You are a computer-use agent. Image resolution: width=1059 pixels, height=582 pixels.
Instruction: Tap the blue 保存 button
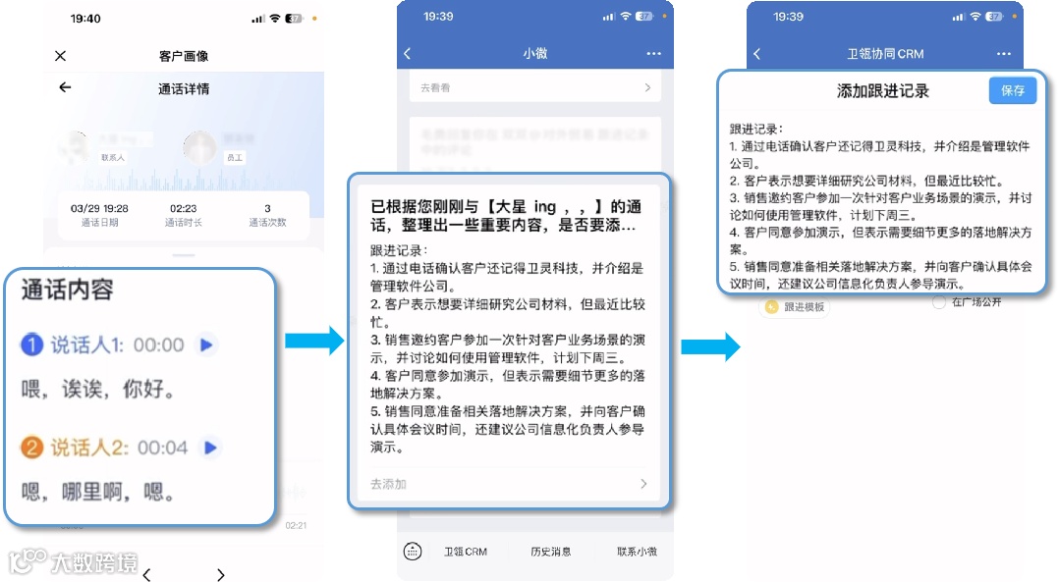click(1012, 90)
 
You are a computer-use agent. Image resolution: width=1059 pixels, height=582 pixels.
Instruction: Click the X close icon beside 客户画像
click(61, 56)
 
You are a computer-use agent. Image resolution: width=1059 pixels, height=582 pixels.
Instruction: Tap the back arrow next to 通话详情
click(65, 87)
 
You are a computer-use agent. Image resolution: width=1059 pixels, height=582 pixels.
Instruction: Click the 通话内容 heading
click(68, 290)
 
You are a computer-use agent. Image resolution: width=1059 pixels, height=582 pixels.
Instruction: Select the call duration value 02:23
click(184, 208)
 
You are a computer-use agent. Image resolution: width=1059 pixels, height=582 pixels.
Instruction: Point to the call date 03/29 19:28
click(100, 208)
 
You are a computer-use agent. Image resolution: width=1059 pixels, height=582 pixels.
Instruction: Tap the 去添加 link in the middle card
click(389, 484)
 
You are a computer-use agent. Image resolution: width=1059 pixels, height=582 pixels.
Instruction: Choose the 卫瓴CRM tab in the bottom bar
click(466, 552)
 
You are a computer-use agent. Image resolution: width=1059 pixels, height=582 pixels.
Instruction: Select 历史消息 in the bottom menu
click(551, 552)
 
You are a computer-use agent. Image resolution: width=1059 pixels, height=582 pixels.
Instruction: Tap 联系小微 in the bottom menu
click(637, 552)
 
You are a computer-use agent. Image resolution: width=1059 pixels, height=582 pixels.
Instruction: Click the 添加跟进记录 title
click(882, 91)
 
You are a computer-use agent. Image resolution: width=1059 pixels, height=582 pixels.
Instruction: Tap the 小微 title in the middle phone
click(534, 54)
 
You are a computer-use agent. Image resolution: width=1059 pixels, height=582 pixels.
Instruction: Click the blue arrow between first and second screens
click(313, 341)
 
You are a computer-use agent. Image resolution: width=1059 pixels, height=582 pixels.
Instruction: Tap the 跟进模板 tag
click(796, 307)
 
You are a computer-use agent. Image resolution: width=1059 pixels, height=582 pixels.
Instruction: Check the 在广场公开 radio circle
click(939, 302)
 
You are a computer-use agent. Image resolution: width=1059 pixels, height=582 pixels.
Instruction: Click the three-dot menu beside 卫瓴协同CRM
click(1003, 54)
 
